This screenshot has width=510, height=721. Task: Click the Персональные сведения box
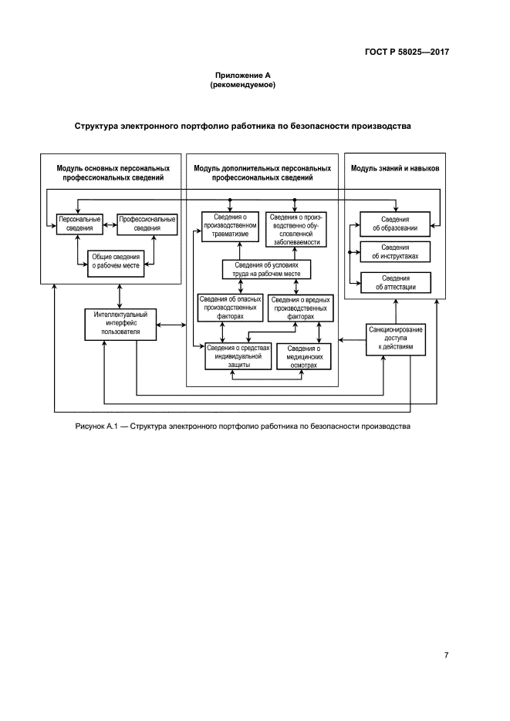click(80, 224)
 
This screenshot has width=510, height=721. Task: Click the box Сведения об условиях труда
click(266, 269)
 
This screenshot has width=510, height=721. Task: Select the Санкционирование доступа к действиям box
click(395, 339)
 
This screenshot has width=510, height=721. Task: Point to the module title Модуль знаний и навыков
click(395, 167)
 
